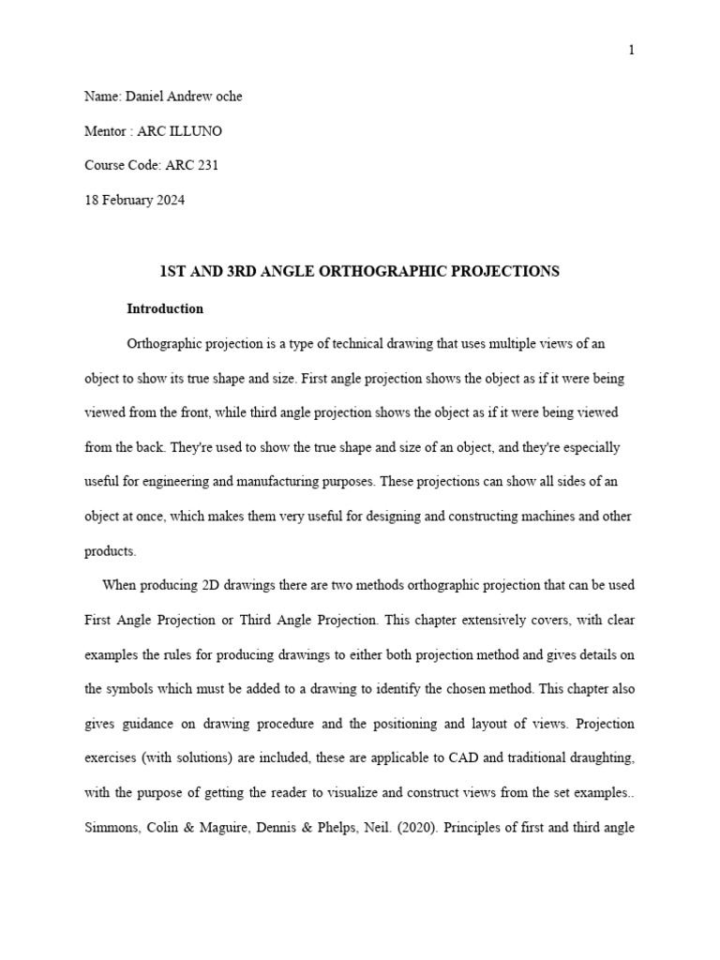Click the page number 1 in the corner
tap(632, 50)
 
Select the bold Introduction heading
tap(165, 308)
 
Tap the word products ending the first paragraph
tap(109, 551)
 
